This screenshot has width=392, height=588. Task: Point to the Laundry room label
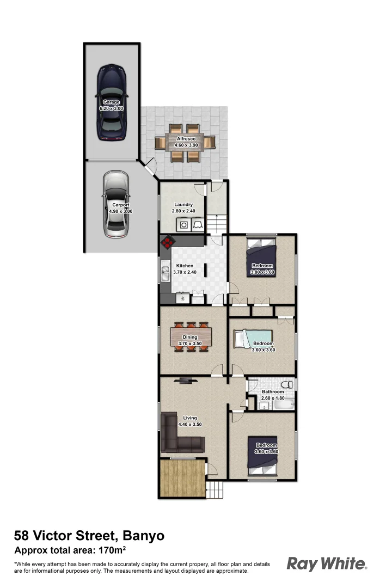(184, 205)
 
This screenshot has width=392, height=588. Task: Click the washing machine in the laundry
(184, 224)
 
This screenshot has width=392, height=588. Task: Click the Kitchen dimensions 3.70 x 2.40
(185, 272)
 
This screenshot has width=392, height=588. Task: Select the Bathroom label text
(273, 392)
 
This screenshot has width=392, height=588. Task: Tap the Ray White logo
(326, 563)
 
